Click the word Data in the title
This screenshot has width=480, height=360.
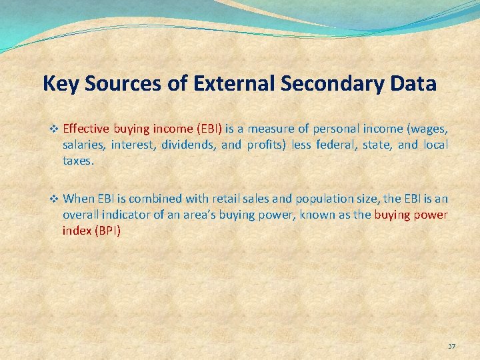415,84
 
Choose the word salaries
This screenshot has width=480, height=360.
84,145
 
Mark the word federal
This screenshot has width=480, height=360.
336,145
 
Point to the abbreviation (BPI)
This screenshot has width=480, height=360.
107,231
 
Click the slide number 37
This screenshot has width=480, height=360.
451,347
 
